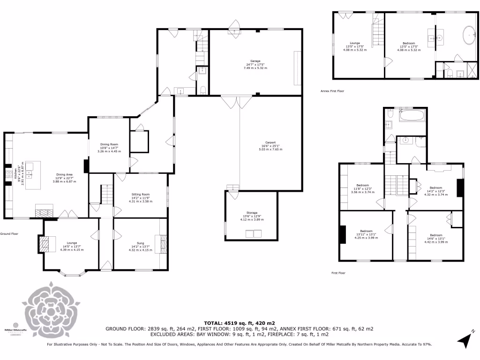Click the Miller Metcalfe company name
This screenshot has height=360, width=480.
[x=14, y=330]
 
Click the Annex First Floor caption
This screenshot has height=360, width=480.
[x=332, y=91]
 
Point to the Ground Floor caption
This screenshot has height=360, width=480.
[x=9, y=233]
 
